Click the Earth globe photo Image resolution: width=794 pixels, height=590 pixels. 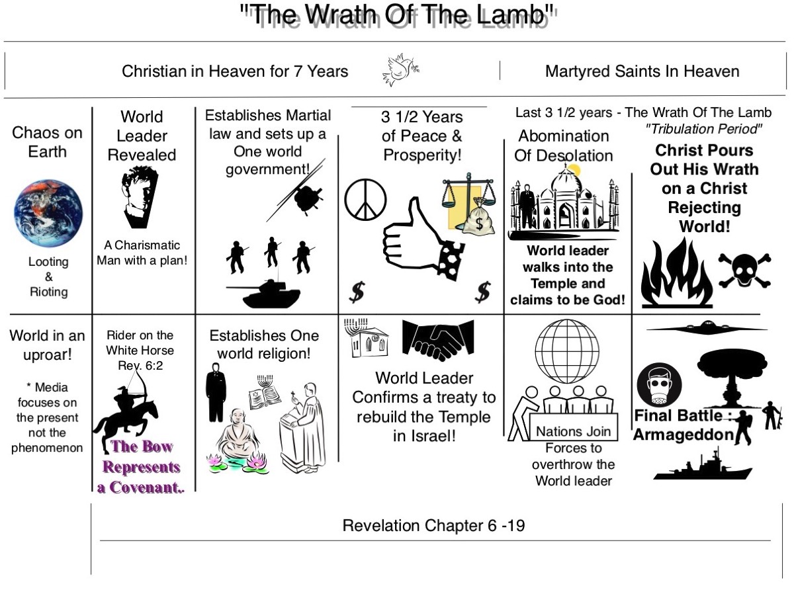click(x=48, y=213)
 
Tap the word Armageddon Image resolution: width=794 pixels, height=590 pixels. click(x=684, y=435)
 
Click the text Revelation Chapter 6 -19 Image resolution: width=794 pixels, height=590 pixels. click(x=434, y=526)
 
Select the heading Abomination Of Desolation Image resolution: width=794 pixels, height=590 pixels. click(x=564, y=146)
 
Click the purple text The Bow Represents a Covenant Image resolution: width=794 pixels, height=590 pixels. click(x=141, y=466)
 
